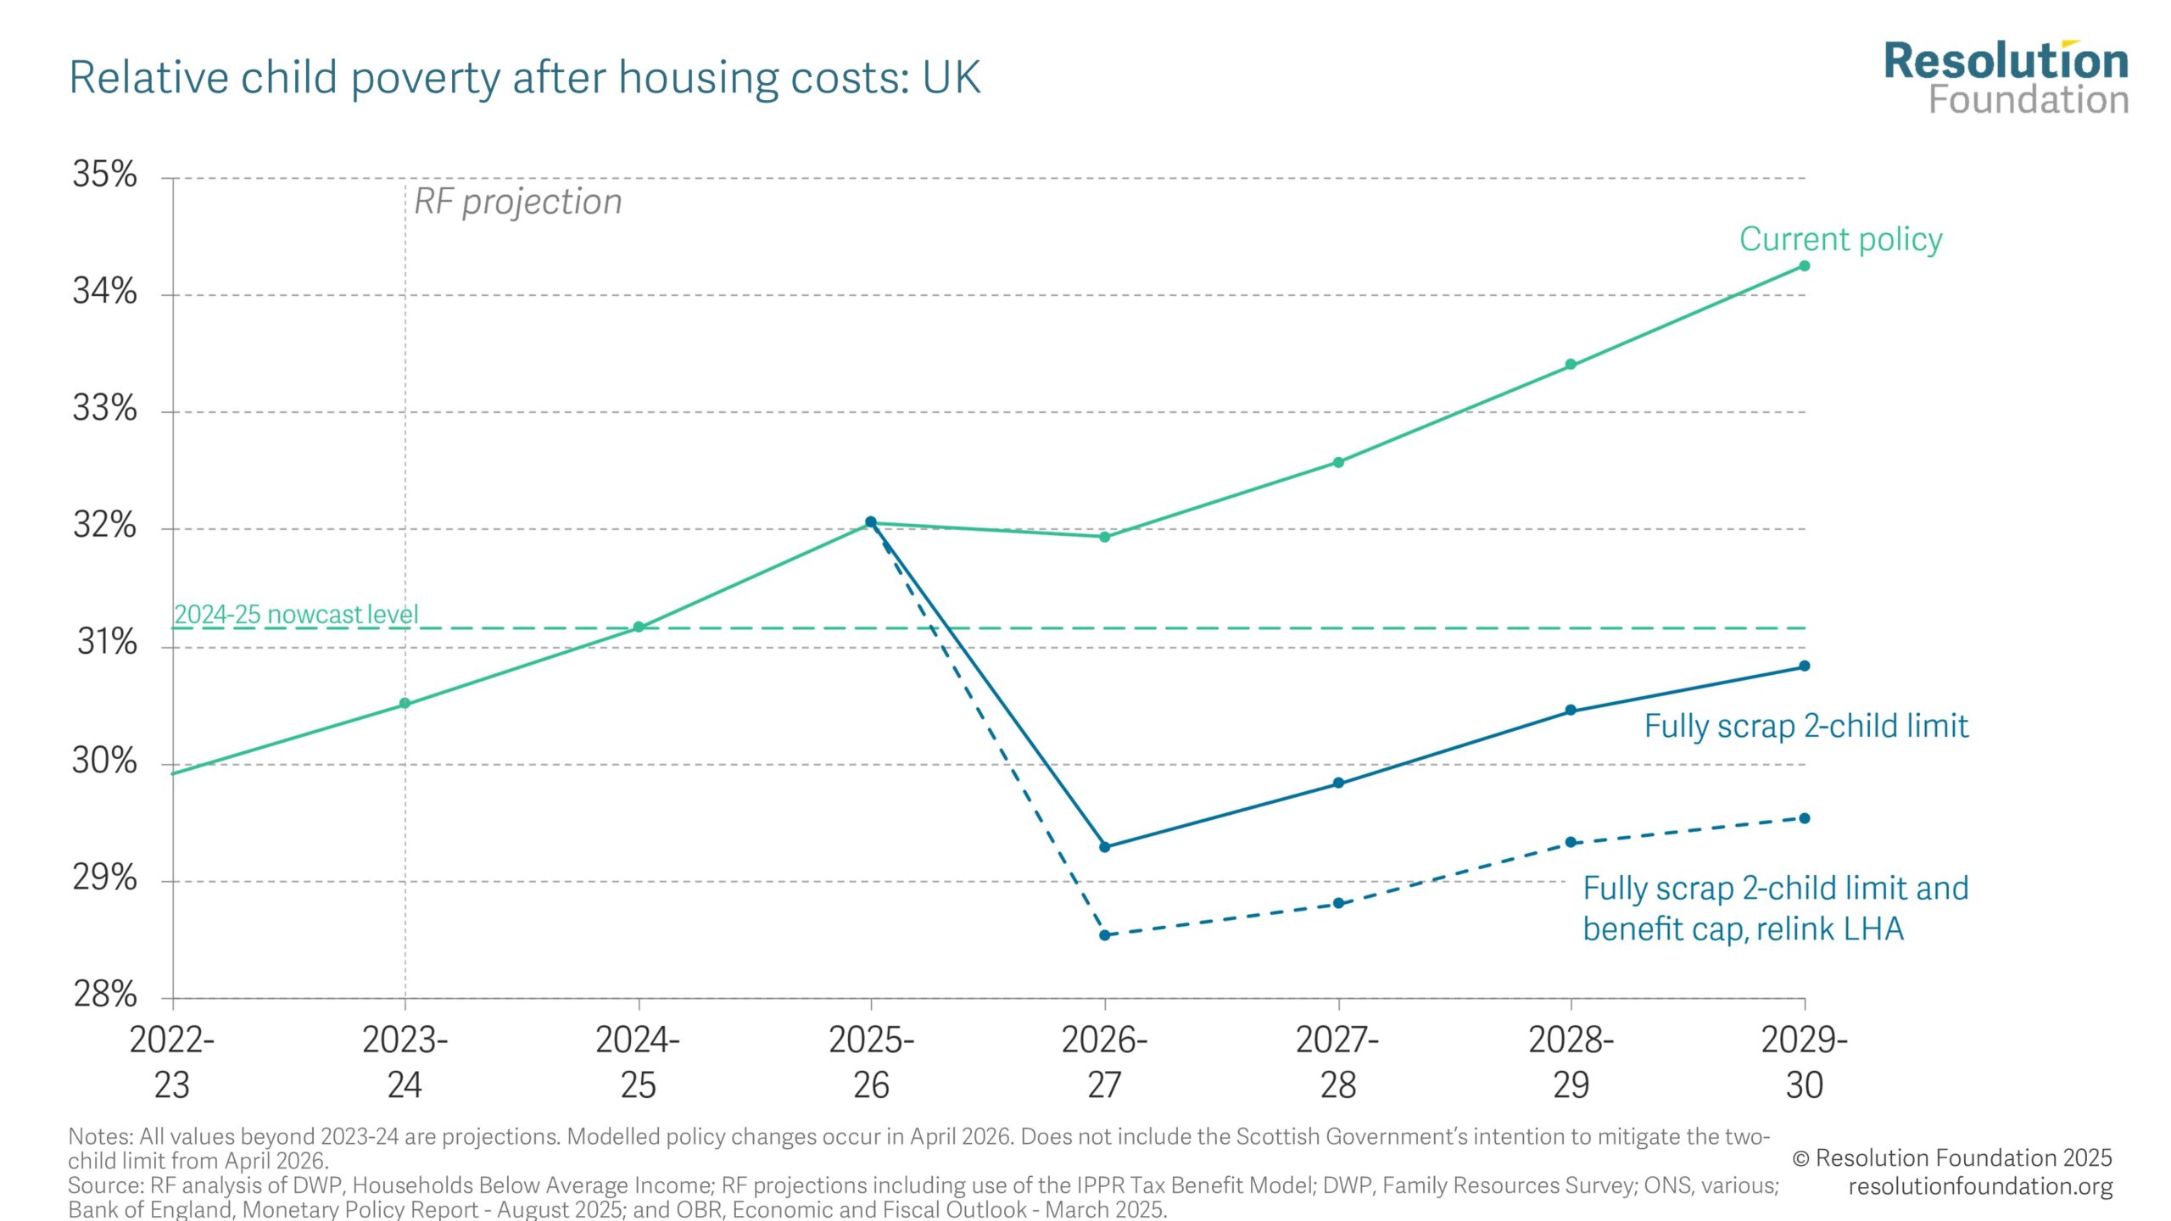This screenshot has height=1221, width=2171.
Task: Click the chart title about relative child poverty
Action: pyautogui.click(x=524, y=78)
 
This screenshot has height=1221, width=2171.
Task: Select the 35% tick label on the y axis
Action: pyautogui.click(x=104, y=175)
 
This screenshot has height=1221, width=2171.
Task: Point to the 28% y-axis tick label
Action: pyautogui.click(x=104, y=994)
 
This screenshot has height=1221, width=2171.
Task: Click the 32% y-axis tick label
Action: pyautogui.click(x=104, y=526)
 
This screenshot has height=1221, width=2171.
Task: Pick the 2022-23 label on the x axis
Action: pyautogui.click(x=172, y=1062)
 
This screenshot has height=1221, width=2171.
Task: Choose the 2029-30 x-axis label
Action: pyautogui.click(x=1804, y=1062)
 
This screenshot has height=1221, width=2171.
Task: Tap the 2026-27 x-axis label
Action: pyautogui.click(x=1104, y=1062)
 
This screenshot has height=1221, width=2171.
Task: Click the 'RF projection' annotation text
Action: pyautogui.click(x=517, y=202)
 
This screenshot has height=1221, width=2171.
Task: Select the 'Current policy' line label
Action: pyautogui.click(x=1840, y=239)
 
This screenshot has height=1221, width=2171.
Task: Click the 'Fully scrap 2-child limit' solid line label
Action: pyautogui.click(x=1805, y=727)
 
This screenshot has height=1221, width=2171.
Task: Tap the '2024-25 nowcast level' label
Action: pyautogui.click(x=296, y=614)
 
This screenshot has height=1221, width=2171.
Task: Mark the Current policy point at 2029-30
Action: pyautogui.click(x=1805, y=266)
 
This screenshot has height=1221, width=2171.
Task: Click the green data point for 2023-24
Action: pyautogui.click(x=405, y=703)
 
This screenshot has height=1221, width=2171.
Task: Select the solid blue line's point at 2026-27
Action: pyautogui.click(x=1104, y=847)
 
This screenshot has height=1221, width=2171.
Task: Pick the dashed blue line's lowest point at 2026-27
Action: pyautogui.click(x=1104, y=935)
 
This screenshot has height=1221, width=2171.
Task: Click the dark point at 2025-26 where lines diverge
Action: pyautogui.click(x=871, y=522)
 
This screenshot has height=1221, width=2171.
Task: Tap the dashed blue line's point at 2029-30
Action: pyautogui.click(x=1805, y=818)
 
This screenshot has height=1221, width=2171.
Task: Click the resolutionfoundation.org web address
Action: pyautogui.click(x=1980, y=1186)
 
